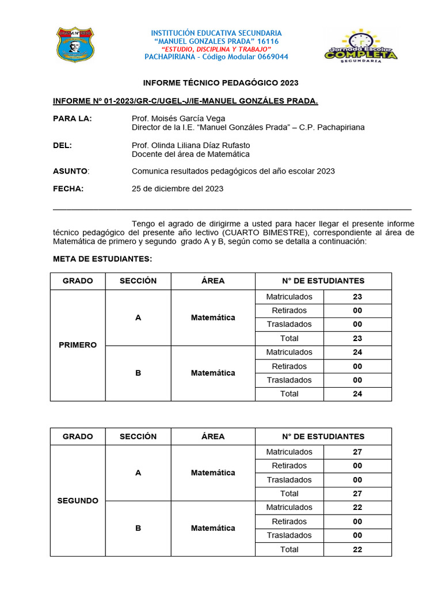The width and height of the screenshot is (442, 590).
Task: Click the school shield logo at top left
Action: coord(75,44)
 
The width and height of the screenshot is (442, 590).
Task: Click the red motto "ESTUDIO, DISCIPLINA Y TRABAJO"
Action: coord(216,50)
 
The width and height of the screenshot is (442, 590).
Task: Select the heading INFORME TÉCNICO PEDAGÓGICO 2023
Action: coord(220,83)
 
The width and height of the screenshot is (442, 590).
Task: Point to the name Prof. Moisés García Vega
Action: coord(178,119)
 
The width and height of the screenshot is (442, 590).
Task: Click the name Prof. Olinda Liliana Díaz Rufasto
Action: coord(190,145)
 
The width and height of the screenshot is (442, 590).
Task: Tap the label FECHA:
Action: coord(68,188)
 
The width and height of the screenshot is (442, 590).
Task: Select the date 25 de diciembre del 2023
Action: coord(177,188)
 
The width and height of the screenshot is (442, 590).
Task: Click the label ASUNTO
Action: coord(70,171)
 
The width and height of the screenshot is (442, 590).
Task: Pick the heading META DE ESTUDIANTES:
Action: coord(102,259)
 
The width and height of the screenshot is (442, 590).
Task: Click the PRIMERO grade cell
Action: coord(78,345)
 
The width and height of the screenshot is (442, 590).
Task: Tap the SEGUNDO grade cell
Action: coord(78,501)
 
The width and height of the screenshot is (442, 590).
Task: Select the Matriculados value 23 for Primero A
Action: coord(357,297)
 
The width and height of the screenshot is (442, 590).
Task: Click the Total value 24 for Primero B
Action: coord(357,394)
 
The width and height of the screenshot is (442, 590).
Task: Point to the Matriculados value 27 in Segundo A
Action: coord(357,452)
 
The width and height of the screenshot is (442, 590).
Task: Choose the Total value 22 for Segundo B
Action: coord(357,550)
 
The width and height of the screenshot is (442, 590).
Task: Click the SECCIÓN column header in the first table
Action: coord(138,281)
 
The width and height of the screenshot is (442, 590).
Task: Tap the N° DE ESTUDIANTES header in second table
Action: coord(323,437)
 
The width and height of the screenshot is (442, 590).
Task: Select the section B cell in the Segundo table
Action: coord(138,528)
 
